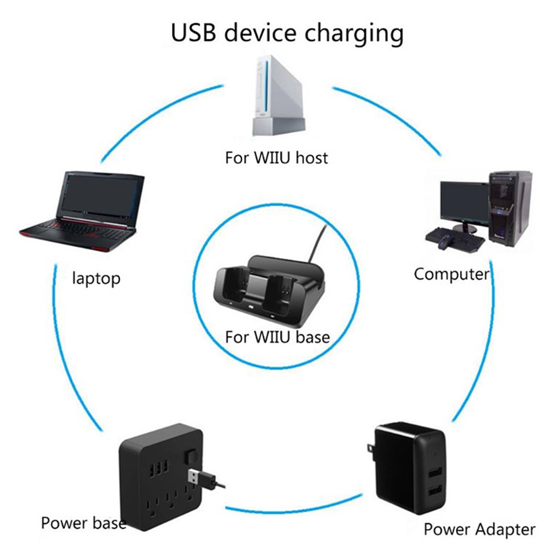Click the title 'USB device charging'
tap(287, 33)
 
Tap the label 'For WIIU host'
tap(276, 158)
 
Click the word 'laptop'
tap(96, 279)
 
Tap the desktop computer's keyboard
tap(455, 237)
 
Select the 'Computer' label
tap(452, 274)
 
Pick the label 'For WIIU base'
tap(277, 337)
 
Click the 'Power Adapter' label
tap(479, 529)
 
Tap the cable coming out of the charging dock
tap(317, 242)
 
